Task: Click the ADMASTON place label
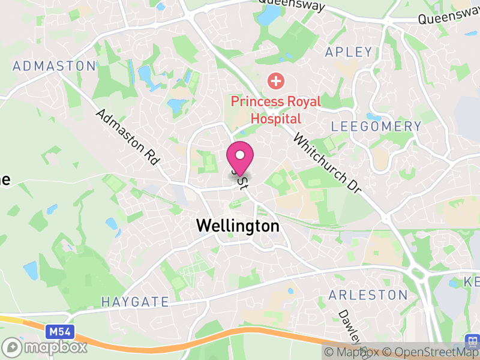coord(55,65)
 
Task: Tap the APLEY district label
coord(349,52)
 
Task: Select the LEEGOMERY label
coord(376,127)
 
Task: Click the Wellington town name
coord(238,226)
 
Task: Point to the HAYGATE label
coord(134,301)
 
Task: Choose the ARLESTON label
coord(368,295)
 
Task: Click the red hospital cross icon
coord(275,80)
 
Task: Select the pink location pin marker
coord(240,157)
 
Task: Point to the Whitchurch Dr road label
coord(326,163)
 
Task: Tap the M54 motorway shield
coord(56,332)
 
